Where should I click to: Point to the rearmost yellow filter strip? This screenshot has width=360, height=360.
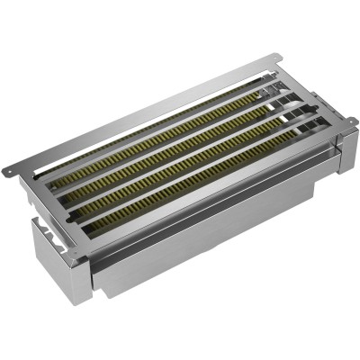pos(153,135)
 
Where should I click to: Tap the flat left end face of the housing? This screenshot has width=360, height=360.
pos(58,256)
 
